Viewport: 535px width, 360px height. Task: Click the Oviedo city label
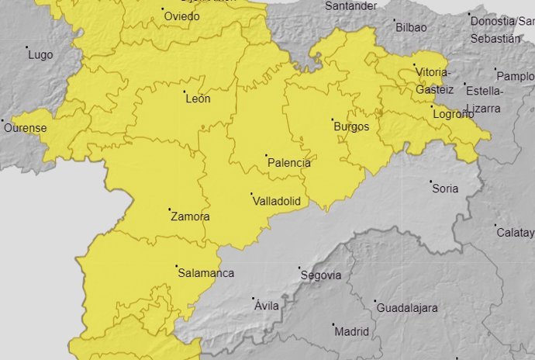pyautogui.click(x=181, y=16)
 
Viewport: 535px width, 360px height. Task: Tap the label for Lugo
pyautogui.click(x=40, y=55)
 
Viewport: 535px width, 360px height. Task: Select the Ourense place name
pyautogui.click(x=26, y=128)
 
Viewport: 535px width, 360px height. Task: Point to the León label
pyautogui.click(x=198, y=99)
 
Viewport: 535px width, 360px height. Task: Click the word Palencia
pyautogui.click(x=288, y=163)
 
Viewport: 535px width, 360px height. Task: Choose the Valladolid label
pyautogui.click(x=276, y=201)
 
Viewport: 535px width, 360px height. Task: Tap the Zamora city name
pyautogui.click(x=189, y=216)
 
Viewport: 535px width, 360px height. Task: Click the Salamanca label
pyautogui.click(x=205, y=273)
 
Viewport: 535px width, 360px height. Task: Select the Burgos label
pyautogui.click(x=352, y=127)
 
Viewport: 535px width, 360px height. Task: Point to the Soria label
pyautogui.click(x=445, y=189)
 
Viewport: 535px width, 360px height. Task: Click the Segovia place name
pyautogui.click(x=321, y=275)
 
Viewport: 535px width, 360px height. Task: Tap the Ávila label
pyautogui.click(x=267, y=306)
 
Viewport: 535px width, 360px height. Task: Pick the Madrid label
pyautogui.click(x=351, y=331)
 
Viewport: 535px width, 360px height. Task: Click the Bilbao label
pyautogui.click(x=411, y=27)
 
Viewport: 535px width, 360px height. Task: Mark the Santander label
pyautogui.click(x=351, y=5)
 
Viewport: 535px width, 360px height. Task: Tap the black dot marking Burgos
pyautogui.click(x=333, y=120)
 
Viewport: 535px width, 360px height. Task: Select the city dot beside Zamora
pyautogui.click(x=170, y=209)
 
